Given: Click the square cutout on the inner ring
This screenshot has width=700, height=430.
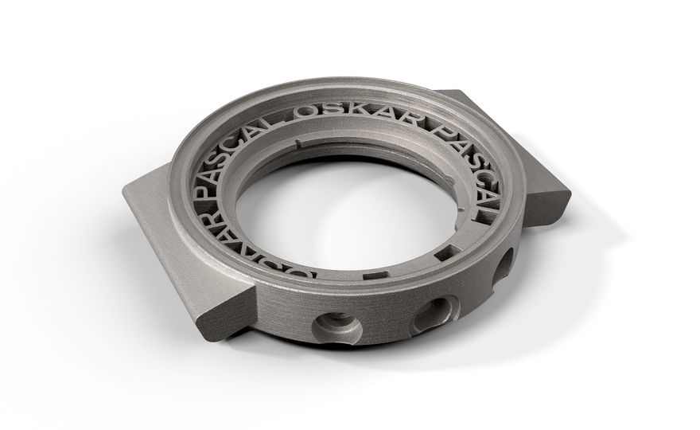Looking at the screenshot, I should [445, 255].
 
